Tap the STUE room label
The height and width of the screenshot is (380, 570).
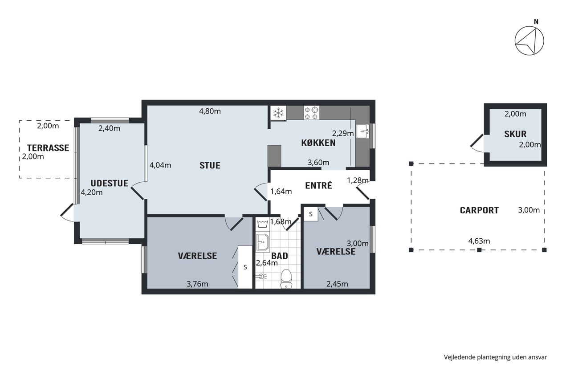pos(210,165)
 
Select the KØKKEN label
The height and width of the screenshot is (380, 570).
pos(318,143)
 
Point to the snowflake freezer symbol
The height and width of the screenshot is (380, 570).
pos(278,113)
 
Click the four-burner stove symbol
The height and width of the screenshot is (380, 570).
pos(312,113)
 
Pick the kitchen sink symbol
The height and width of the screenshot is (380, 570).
pos(363,131)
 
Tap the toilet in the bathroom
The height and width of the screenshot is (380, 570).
pos(286,279)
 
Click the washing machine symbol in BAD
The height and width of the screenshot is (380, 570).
pos(262,224)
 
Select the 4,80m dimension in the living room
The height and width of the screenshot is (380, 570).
pos(210,111)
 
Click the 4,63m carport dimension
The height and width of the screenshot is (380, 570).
pos(479,241)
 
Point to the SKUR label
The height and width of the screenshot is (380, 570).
pos(515,134)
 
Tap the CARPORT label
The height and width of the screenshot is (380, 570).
pos(479,210)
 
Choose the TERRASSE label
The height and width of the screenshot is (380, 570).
pos(48,148)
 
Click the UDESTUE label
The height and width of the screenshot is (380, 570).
pos(110,183)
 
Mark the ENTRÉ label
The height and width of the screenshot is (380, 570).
pos(318,185)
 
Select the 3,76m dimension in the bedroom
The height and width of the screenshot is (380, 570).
pos(197,284)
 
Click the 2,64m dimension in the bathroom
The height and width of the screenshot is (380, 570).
pos(267,263)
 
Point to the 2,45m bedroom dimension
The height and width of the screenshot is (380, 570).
pos(337,284)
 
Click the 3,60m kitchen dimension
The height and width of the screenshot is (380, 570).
pos(318,163)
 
